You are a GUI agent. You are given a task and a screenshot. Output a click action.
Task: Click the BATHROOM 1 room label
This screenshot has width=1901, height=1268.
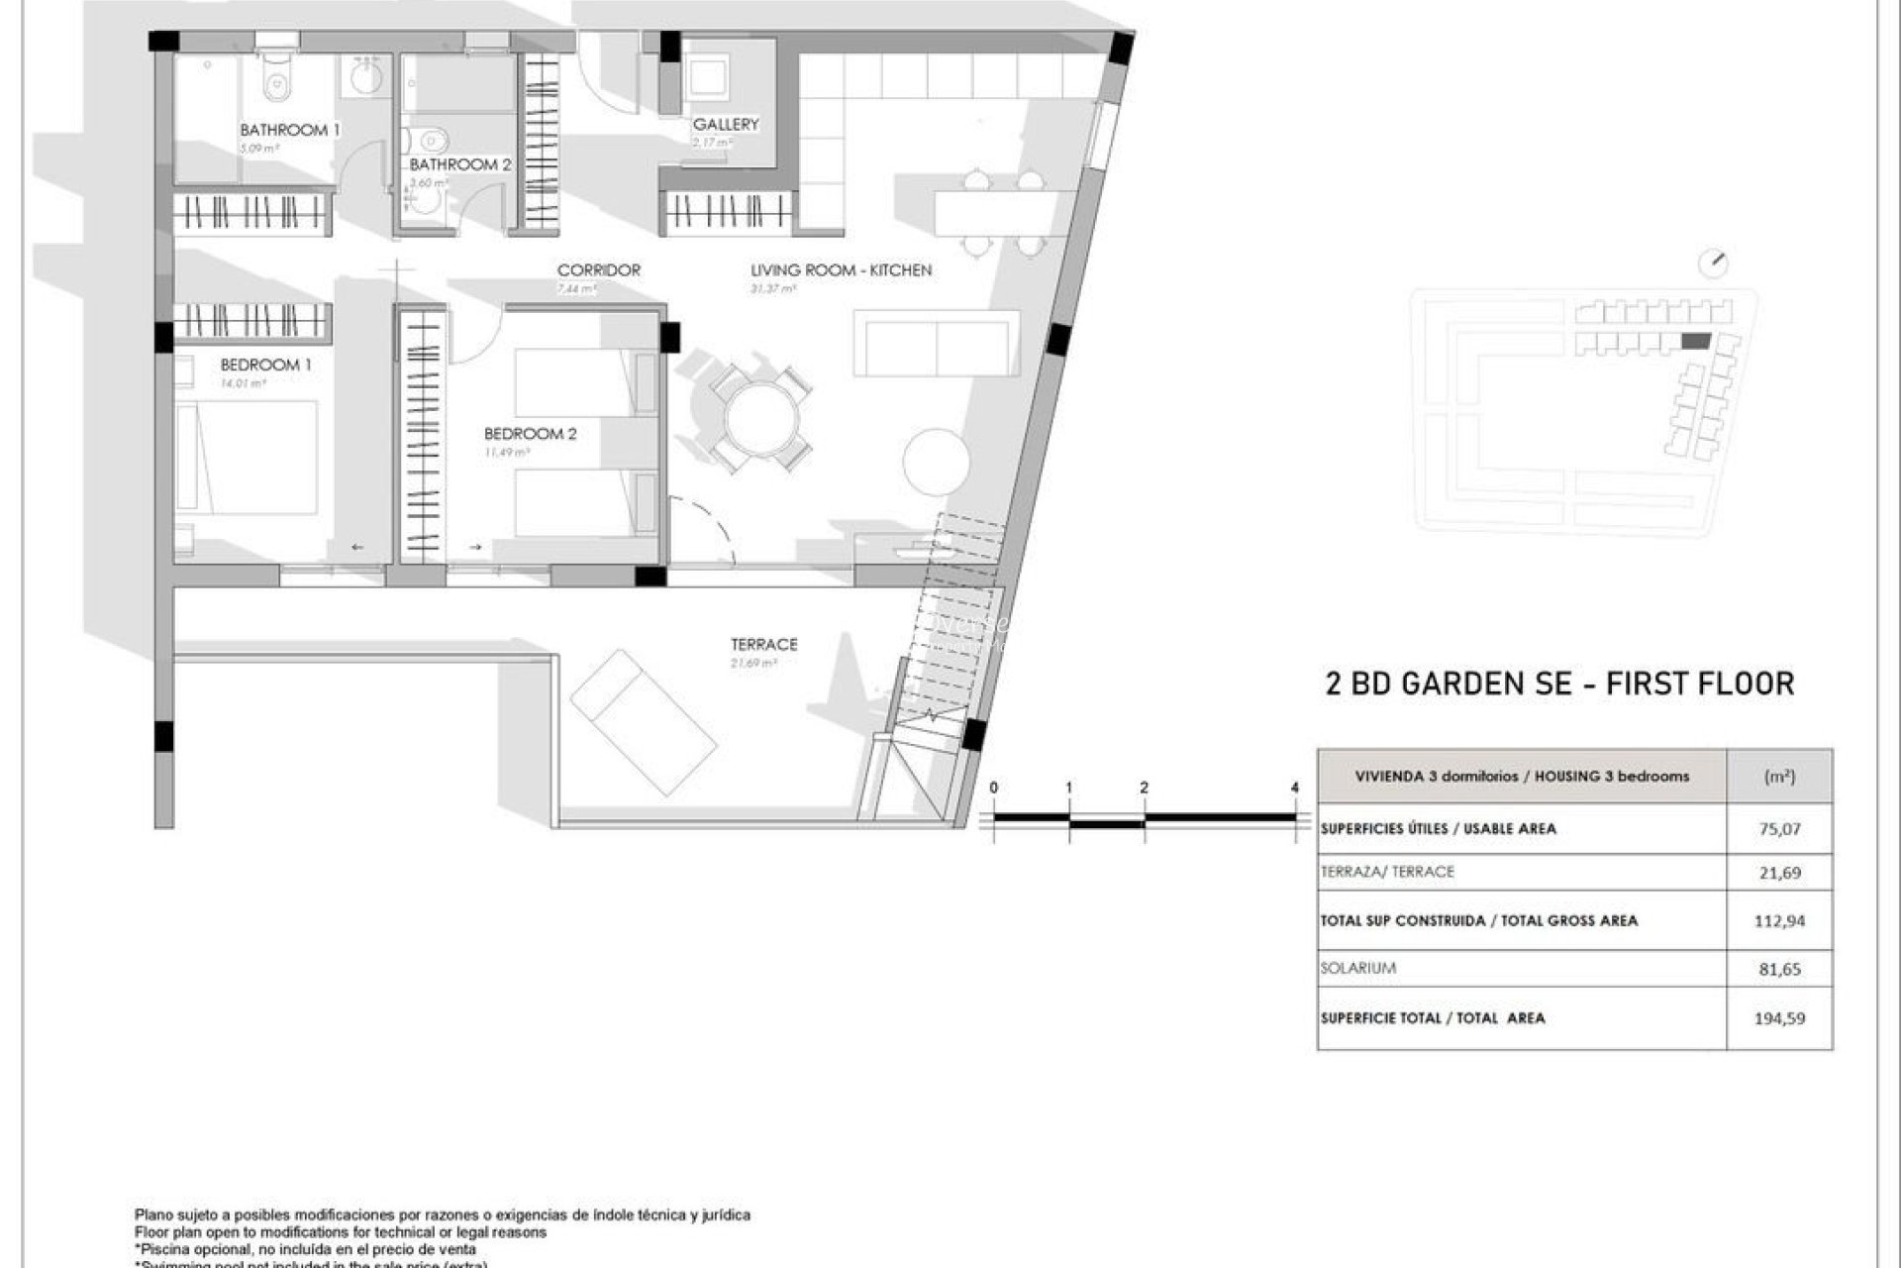click(x=289, y=130)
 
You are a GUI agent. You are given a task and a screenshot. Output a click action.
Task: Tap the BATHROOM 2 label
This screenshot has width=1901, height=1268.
click(x=460, y=164)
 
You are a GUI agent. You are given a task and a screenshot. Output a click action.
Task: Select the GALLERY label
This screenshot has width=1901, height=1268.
click(x=726, y=124)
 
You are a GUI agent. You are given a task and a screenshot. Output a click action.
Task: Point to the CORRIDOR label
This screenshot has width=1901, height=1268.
click(x=598, y=269)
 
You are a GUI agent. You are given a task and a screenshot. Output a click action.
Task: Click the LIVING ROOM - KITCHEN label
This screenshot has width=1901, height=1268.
click(x=841, y=269)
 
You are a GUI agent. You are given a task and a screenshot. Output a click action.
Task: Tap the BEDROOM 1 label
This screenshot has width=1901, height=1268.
click(x=265, y=365)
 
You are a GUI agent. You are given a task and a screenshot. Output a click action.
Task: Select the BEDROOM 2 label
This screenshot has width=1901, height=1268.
click(x=530, y=434)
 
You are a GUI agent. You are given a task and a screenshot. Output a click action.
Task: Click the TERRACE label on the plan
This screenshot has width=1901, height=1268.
click(x=763, y=644)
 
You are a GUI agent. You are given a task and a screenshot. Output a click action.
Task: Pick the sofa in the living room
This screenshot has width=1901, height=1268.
click(x=936, y=343)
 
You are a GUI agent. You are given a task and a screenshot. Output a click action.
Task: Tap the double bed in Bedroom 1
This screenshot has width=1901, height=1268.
click(x=248, y=457)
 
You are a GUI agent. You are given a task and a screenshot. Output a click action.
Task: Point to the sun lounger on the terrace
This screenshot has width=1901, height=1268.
click(x=644, y=722)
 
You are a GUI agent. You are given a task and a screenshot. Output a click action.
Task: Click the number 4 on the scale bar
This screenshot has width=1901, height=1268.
click(x=1295, y=788)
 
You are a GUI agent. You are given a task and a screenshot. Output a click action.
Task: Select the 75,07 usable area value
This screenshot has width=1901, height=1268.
click(x=1779, y=829)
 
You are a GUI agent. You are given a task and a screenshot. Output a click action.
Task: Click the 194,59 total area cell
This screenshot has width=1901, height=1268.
click(x=1779, y=1017)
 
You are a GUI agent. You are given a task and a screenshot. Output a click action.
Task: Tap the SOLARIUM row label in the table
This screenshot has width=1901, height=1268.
click(x=1357, y=968)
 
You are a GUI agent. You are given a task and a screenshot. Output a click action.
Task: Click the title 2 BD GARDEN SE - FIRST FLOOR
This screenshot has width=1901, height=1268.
click(x=1559, y=684)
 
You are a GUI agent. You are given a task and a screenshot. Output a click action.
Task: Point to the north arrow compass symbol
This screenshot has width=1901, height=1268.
click(x=1713, y=264)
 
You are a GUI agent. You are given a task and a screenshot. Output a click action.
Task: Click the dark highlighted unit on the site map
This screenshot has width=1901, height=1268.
click(x=1696, y=341)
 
